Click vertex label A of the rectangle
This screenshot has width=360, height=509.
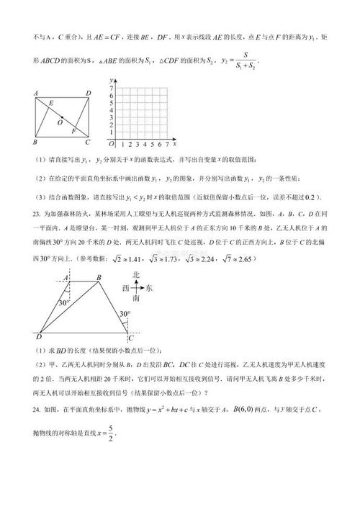(x=35, y=94)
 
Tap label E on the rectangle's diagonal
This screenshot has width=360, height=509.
(x=51, y=105)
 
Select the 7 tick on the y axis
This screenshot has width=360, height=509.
(x=111, y=88)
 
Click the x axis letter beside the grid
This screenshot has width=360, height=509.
(x=175, y=143)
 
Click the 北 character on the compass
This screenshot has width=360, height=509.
(x=135, y=274)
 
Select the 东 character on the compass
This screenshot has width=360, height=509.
(x=149, y=287)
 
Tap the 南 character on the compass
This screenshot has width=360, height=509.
(x=135, y=301)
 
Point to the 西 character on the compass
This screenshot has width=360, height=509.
(x=122, y=287)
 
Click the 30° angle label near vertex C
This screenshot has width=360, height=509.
(x=125, y=315)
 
